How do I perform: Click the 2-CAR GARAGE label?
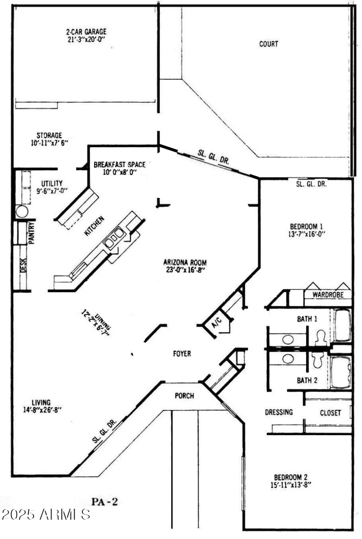[86, 32]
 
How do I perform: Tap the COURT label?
[269, 44]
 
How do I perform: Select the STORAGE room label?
[49, 135]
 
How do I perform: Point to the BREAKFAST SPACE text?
[119, 165]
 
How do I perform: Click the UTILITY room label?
[52, 183]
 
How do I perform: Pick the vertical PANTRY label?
[32, 233]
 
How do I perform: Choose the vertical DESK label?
[23, 266]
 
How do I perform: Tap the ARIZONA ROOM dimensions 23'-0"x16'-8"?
[185, 270]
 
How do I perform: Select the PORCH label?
[184, 396]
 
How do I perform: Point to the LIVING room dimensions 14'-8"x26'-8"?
[42, 409]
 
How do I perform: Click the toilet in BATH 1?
[320, 337]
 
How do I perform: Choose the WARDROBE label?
[327, 295]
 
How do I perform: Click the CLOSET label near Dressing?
[330, 413]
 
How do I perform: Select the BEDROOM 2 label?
[290, 477]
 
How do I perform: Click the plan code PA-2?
[105, 502]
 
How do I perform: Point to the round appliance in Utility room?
[22, 211]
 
